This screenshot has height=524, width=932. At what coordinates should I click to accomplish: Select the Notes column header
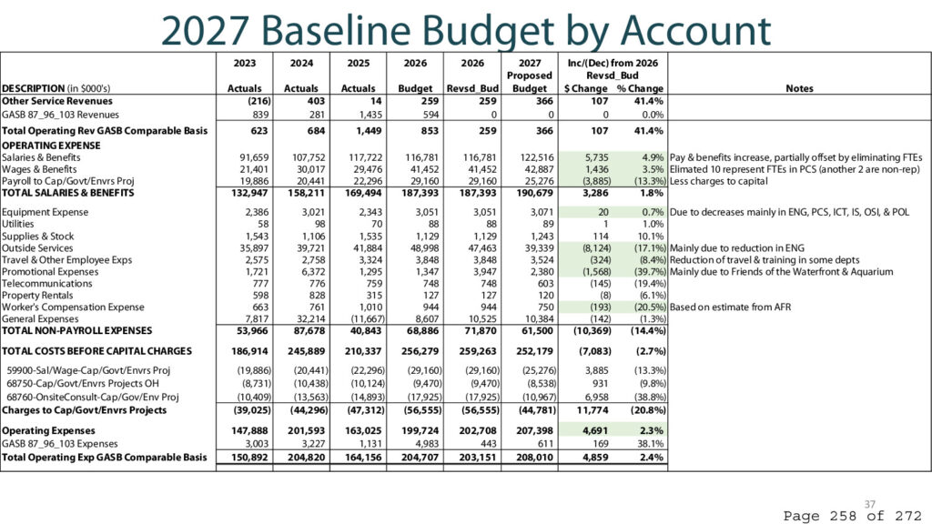(799, 88)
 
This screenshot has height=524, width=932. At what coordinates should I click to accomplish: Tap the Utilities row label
(18, 224)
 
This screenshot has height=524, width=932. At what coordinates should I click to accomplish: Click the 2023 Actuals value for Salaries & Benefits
(254, 157)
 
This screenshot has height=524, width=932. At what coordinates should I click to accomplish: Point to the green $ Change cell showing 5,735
(596, 157)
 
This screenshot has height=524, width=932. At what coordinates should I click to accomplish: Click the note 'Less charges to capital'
(719, 181)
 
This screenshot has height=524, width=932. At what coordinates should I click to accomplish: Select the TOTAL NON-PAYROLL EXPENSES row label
(76, 330)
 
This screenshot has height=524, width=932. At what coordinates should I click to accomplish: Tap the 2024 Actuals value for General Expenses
(311, 319)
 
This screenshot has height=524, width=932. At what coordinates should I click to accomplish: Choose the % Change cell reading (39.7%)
(650, 271)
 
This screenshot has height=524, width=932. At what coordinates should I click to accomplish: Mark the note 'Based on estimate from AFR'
(731, 307)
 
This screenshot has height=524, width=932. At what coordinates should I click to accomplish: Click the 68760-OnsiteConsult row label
(93, 397)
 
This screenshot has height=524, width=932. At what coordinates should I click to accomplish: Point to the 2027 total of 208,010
(534, 458)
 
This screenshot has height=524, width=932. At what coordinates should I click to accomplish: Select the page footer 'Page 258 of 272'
(852, 516)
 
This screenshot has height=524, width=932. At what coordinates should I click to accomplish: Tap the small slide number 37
(869, 504)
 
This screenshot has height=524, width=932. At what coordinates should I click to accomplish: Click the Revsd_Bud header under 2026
(472, 88)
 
